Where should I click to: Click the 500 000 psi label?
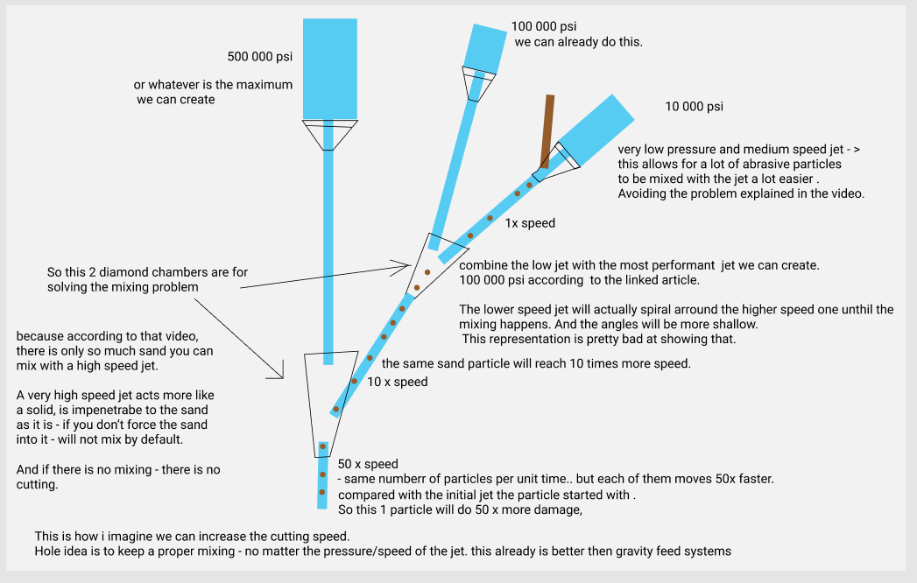(259, 57)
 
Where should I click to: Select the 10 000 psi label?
(694, 107)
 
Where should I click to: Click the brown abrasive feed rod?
(547, 130)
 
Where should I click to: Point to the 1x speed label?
(530, 223)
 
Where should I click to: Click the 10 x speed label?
(397, 382)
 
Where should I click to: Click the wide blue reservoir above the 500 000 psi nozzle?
(329, 67)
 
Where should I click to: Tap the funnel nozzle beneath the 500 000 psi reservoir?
(329, 134)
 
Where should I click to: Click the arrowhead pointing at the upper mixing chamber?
(407, 263)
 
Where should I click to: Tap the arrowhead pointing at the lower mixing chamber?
(280, 374)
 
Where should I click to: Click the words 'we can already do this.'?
(578, 41)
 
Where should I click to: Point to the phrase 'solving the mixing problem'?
(122, 287)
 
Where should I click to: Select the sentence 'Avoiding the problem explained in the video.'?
(741, 193)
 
